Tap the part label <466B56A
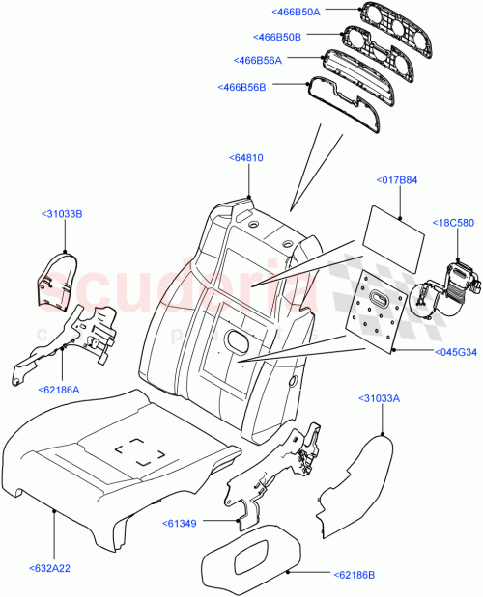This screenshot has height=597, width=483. [258, 61]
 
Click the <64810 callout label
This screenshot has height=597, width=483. [248, 157]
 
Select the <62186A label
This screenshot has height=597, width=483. [61, 391]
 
